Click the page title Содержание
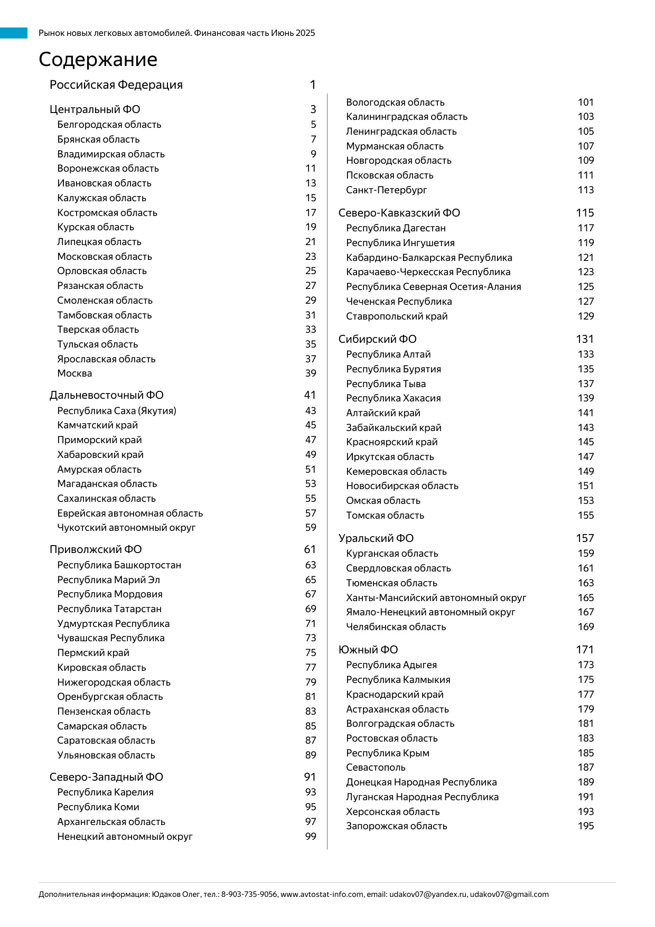pyautogui.click(x=98, y=60)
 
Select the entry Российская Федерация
pyautogui.click(x=116, y=85)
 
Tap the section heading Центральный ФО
pyautogui.click(x=95, y=109)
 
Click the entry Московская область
pyautogui.click(x=105, y=257)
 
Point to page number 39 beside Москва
pyautogui.click(x=311, y=373)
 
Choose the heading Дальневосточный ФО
pyautogui.click(x=106, y=395)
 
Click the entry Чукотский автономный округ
pyautogui.click(x=126, y=528)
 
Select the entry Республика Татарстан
pyautogui.click(x=109, y=609)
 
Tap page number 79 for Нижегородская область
pyautogui.click(x=311, y=682)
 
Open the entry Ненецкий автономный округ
pyautogui.click(x=125, y=837)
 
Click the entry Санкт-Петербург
pyautogui.click(x=386, y=190)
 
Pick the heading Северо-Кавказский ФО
pyautogui.click(x=399, y=213)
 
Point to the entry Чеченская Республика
pyautogui.click(x=399, y=302)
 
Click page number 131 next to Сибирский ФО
pyautogui.click(x=585, y=339)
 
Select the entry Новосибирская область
pyautogui.click(x=402, y=486)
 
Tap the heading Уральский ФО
pyautogui.click(x=376, y=538)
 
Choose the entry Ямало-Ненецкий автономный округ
pyautogui.click(x=431, y=612)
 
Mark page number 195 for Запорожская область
pyautogui.click(x=586, y=826)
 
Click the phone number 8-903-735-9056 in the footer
pyautogui.click(x=249, y=895)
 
